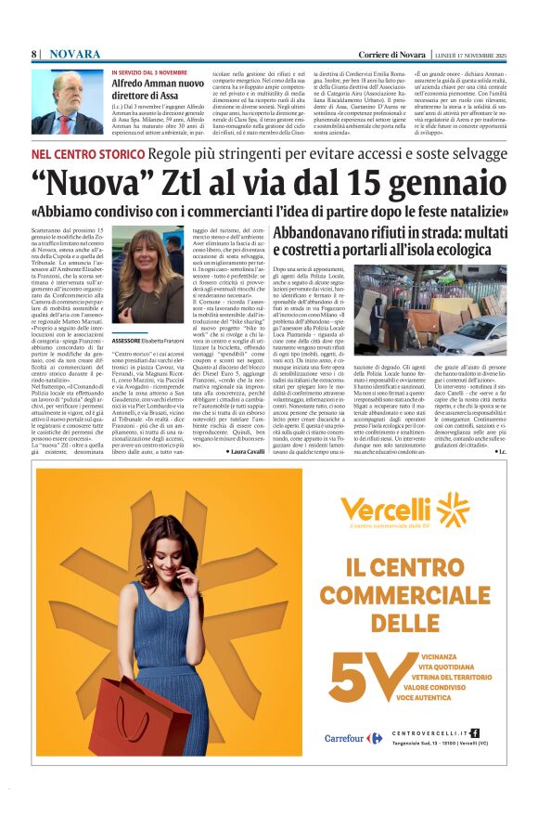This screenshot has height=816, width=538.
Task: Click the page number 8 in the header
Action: click(x=34, y=56)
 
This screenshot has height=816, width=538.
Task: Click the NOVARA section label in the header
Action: click(x=75, y=56)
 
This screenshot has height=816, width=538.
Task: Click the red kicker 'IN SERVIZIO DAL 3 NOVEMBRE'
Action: click(x=149, y=72)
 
